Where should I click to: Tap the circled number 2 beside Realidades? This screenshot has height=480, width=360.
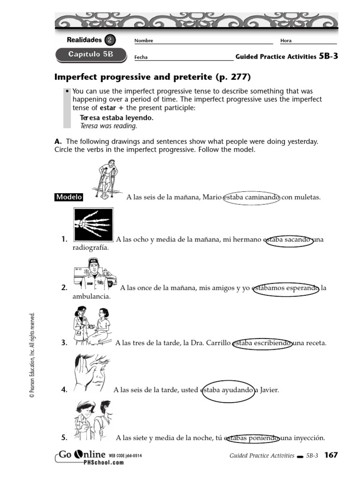(109, 40)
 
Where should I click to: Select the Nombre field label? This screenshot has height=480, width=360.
(144, 41)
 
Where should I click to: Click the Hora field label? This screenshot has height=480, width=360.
(285, 41)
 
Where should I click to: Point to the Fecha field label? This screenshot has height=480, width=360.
(141, 57)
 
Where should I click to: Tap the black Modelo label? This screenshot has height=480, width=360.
(69, 197)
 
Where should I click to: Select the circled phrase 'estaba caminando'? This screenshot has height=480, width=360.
(251, 197)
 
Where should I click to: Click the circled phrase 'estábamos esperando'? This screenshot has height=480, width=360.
(285, 288)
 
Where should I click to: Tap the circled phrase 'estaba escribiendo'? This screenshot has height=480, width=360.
(262, 343)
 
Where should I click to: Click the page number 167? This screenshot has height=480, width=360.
(331, 455)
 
